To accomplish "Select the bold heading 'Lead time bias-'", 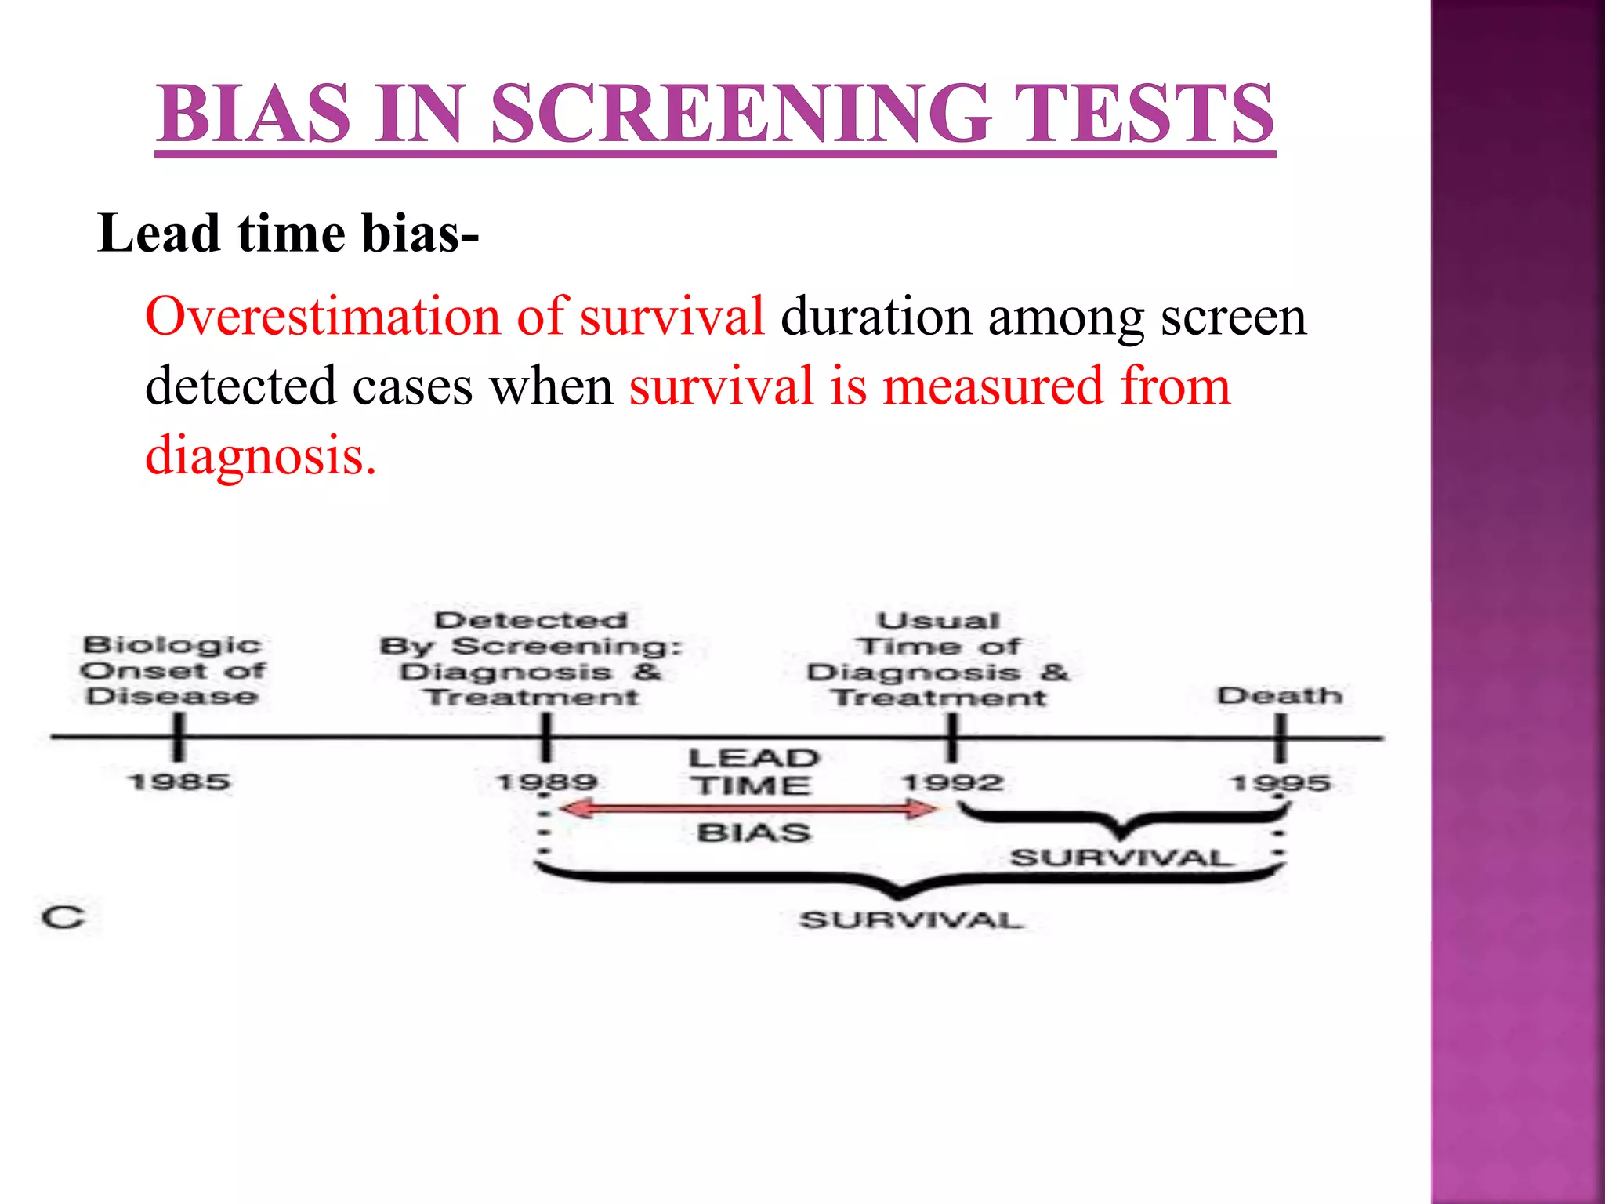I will coord(288,234).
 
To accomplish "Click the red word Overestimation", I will coord(321,317).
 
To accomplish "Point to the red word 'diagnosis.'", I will coord(261,455).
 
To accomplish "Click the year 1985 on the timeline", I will coord(179,782).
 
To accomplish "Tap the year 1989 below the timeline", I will coord(547,782).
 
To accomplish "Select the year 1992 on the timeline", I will coord(952,782).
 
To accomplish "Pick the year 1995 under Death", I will coord(1280,782).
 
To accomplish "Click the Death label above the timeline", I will coord(1279,695).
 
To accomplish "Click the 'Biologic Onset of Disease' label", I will coord(172,671).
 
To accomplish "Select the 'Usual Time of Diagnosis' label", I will coord(938,658).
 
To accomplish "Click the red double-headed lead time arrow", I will coord(748,809).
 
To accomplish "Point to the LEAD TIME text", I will coord(752,771).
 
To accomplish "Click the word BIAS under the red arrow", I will coord(753,832).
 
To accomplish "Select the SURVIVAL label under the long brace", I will coord(911,919).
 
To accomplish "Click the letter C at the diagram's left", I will coord(63,917).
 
